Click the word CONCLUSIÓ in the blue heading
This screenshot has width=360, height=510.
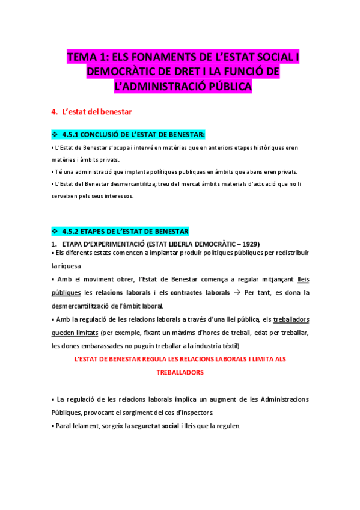103,134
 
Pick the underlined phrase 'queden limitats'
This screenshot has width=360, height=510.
75,332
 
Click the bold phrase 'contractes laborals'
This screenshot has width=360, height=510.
200,293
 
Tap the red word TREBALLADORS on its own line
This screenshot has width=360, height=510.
180,372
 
